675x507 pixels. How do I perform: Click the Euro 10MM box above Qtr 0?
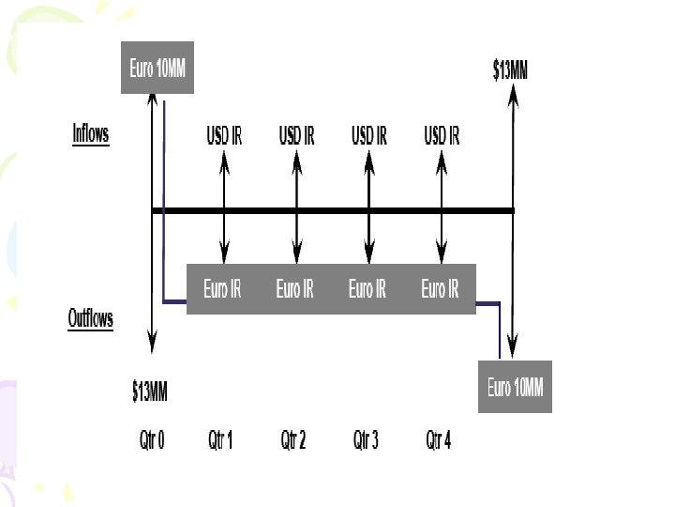(x=157, y=68)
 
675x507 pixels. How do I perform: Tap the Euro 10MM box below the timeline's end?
(x=515, y=386)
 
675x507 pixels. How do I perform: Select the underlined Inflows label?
(x=91, y=133)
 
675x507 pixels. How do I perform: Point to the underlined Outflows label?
(x=91, y=319)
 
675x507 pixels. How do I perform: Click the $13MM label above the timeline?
(x=510, y=69)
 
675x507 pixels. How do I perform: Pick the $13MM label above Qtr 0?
(x=150, y=392)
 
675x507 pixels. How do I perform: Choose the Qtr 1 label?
(x=220, y=439)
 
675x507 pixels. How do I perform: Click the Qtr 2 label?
(x=293, y=439)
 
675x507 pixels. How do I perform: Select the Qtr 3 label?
(x=366, y=439)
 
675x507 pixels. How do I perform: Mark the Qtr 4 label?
(x=439, y=439)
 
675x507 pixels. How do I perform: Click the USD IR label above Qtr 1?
(x=224, y=135)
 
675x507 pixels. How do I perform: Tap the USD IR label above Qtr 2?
(x=296, y=135)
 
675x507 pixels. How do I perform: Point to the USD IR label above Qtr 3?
(x=369, y=135)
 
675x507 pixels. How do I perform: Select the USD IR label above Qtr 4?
(x=442, y=135)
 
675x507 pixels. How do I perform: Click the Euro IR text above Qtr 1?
(x=222, y=289)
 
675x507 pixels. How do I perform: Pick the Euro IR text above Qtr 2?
(x=294, y=289)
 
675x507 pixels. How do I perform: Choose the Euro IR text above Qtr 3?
(x=367, y=289)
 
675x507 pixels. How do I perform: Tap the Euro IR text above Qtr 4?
(x=440, y=289)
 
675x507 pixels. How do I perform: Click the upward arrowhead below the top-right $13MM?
(x=513, y=98)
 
